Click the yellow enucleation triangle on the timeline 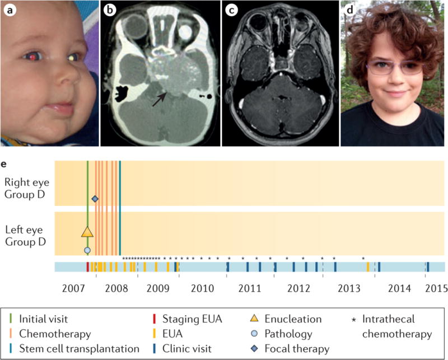87,231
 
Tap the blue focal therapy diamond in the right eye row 95,199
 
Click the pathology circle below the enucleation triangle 87,250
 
